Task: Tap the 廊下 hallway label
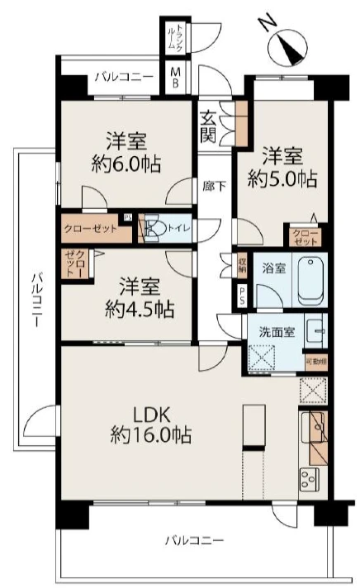pyautogui.click(x=213, y=187)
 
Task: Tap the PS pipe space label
pyautogui.click(x=242, y=295)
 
